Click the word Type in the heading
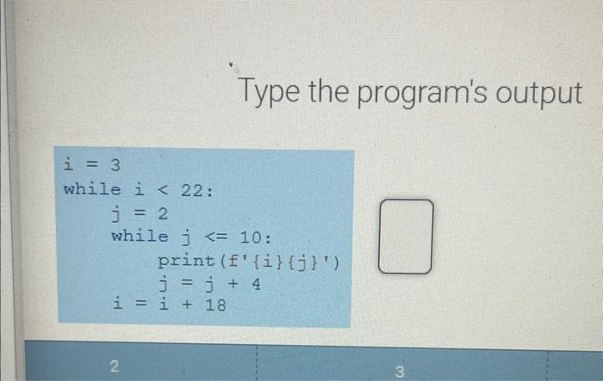click(x=269, y=92)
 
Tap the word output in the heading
click(x=539, y=93)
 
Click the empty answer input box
click(x=406, y=237)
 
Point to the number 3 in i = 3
click(x=115, y=165)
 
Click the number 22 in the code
click(x=192, y=191)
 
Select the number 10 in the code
click(x=251, y=237)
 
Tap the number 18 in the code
click(x=215, y=305)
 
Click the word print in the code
click(x=186, y=261)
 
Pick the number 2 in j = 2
click(x=163, y=213)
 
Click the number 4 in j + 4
click(x=256, y=284)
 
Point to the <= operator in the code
click(x=216, y=237)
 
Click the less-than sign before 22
click(x=163, y=189)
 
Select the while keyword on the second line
click(x=92, y=189)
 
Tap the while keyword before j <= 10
click(x=140, y=237)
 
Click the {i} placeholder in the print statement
click(x=268, y=262)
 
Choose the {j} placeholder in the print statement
click(x=303, y=263)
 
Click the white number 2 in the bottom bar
click(x=115, y=366)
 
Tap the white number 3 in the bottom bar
click(x=400, y=372)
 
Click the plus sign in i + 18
click(x=187, y=304)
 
